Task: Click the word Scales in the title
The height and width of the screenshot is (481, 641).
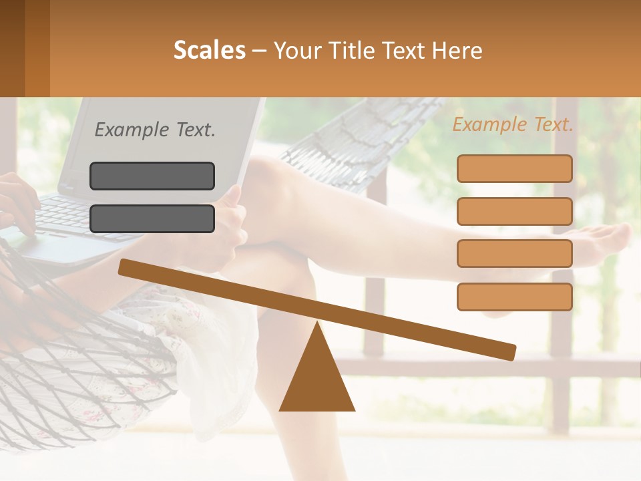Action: (209, 51)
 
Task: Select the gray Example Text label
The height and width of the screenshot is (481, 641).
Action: (155, 130)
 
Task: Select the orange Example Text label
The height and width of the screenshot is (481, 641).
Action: (513, 124)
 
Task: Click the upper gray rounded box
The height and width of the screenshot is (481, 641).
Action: (152, 176)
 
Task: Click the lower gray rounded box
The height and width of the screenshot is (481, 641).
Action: (152, 218)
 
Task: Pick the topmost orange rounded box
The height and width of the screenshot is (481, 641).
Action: (514, 168)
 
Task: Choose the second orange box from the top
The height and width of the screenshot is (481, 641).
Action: (514, 211)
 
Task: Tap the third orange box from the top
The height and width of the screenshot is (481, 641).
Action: (514, 253)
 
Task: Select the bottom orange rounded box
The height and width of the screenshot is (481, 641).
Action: (514, 297)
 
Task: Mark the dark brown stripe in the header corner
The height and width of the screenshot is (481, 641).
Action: (12, 48)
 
